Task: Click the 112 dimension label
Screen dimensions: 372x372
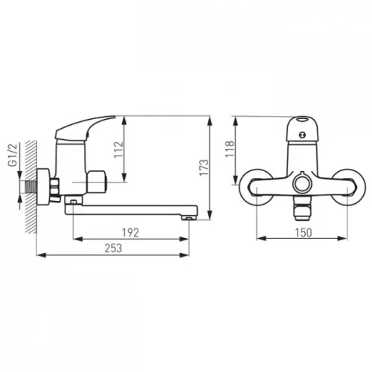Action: (118, 150)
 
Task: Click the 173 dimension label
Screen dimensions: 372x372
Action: (205, 167)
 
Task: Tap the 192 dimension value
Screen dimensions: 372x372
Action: (131, 233)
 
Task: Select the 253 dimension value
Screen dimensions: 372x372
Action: (113, 248)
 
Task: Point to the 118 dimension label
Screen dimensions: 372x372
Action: (230, 149)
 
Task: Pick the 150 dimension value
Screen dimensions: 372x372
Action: (303, 233)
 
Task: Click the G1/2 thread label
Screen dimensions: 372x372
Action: (13, 155)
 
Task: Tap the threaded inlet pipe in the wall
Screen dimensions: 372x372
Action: (31, 187)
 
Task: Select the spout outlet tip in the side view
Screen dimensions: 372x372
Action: (189, 217)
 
